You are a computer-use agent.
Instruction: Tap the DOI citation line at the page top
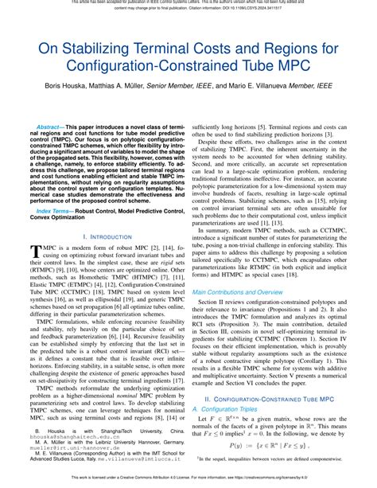pos(188,10)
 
